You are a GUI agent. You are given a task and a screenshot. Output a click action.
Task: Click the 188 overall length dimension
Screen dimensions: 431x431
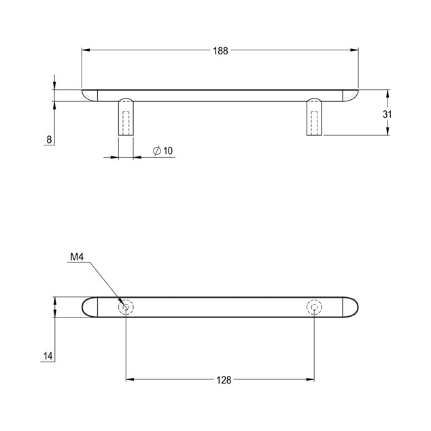click(220, 51)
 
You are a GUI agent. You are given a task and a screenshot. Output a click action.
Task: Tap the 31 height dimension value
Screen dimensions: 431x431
click(387, 114)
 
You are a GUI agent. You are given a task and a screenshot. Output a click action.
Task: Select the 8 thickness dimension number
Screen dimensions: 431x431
click(49, 139)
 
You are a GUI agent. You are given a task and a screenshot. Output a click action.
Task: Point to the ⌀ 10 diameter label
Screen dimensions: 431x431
click(162, 151)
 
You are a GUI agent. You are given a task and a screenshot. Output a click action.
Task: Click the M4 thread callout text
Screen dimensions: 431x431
click(77, 257)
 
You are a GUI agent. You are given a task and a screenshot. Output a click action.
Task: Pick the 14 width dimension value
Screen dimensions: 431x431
click(48, 356)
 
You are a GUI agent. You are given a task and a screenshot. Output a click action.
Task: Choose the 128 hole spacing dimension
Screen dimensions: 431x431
click(224, 380)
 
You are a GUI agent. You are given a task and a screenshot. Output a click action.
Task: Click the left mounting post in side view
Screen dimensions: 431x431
click(126, 116)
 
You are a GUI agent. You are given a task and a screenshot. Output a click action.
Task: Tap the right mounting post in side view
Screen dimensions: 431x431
click(314, 116)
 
